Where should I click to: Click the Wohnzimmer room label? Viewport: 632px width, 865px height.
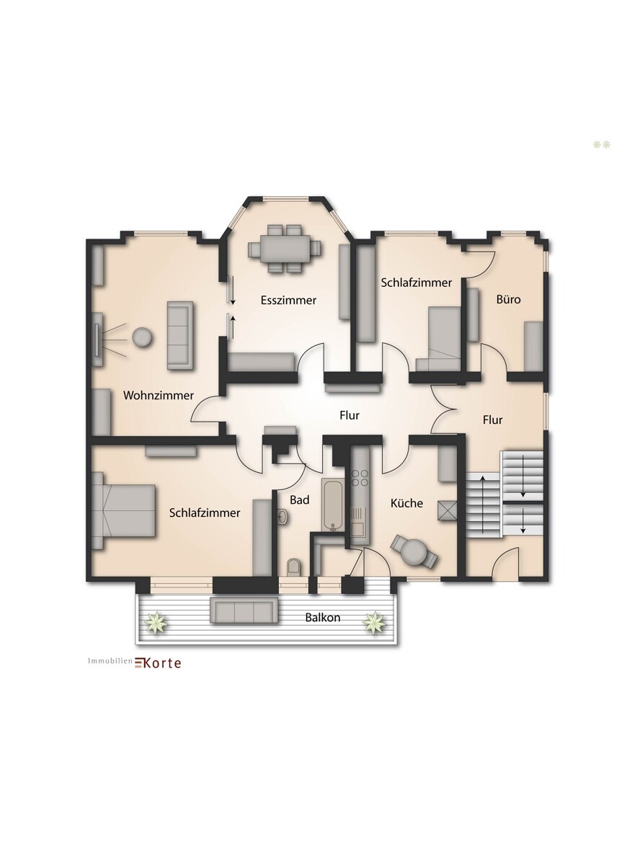point(159,396)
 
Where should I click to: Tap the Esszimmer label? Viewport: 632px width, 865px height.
point(288,300)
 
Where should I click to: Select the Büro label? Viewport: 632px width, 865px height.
point(509,299)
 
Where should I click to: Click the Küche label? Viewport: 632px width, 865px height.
point(406,503)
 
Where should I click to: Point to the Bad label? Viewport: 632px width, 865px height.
point(300,500)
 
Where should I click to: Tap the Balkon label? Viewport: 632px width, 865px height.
point(323,617)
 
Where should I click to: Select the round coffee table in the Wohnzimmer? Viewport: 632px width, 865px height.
point(142,337)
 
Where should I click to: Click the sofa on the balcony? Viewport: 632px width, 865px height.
point(244,610)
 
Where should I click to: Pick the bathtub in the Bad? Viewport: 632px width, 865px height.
point(332,505)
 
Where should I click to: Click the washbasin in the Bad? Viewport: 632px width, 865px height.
point(282,516)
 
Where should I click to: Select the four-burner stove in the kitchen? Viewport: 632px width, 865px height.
point(360,478)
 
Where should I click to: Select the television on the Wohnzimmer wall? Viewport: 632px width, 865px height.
point(96,340)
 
